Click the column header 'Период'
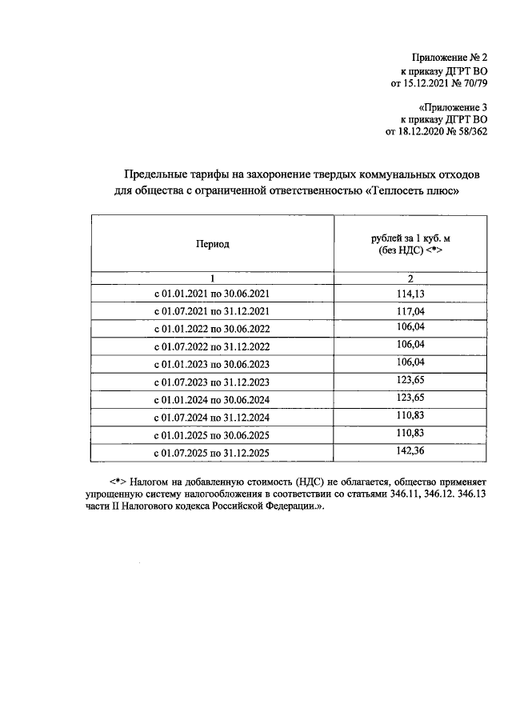click(x=213, y=244)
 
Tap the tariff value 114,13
click(x=410, y=294)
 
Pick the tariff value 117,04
click(x=410, y=311)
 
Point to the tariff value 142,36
click(x=410, y=452)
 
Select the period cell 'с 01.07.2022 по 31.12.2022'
click(x=212, y=348)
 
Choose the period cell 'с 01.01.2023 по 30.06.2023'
click(x=212, y=366)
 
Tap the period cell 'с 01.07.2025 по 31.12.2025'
click(x=212, y=454)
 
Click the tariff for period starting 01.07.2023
click(x=410, y=382)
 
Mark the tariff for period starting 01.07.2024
click(x=410, y=417)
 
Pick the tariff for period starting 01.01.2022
click(x=410, y=329)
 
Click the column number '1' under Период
click(x=213, y=278)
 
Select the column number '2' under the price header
click(x=410, y=278)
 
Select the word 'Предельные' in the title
click(x=153, y=175)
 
